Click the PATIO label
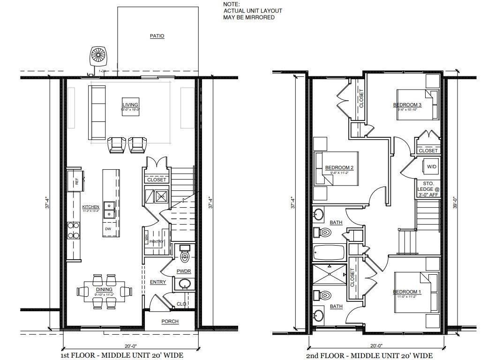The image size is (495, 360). coord(157,36)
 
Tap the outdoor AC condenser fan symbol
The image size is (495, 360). coord(99,55)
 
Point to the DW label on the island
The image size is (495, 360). coord(108,229)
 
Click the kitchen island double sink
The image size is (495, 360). coord(109,210)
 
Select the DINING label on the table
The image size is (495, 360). coord(104,290)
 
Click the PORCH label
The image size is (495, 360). coord(169,321)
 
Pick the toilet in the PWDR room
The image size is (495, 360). coord(185,255)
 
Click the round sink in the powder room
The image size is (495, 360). coord(184,284)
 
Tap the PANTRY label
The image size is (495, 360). coord(157,241)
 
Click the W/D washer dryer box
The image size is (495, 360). coord(431,167)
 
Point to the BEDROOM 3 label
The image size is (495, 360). coord(407,105)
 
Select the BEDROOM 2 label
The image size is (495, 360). coord(339,168)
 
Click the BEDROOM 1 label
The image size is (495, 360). coord(407,292)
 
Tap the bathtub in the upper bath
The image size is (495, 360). coord(329,253)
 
